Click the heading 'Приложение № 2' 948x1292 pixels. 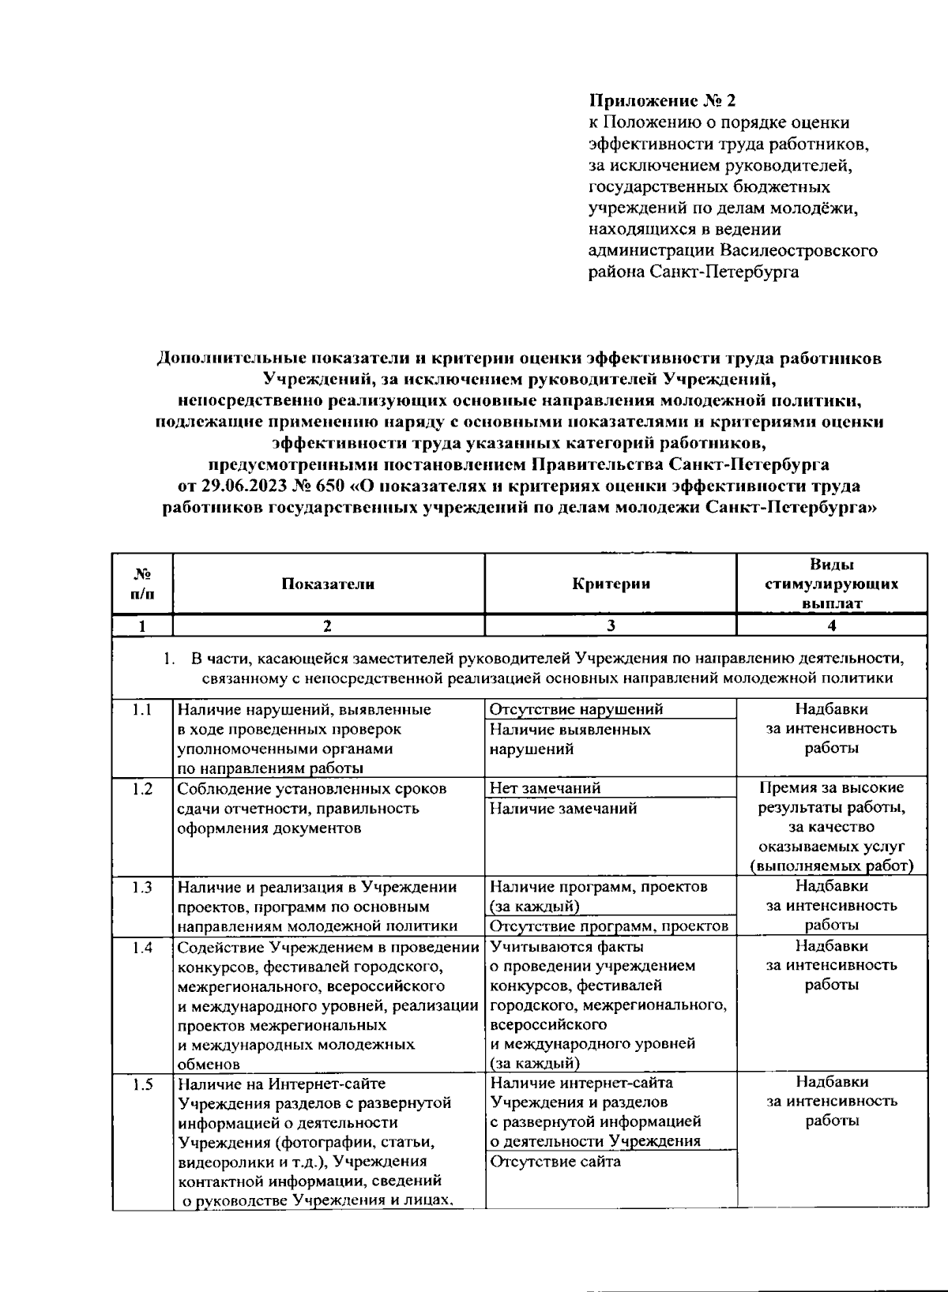click(662, 101)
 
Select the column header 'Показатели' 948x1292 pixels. click(327, 584)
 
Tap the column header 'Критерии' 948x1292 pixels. click(611, 584)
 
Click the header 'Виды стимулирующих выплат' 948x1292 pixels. click(831, 584)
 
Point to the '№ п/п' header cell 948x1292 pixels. click(142, 584)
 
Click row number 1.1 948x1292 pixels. click(142, 709)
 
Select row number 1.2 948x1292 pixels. click(142, 788)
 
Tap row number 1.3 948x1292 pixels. click(142, 887)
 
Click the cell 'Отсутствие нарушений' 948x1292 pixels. click(576, 709)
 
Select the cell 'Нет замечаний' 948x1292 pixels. click(545, 788)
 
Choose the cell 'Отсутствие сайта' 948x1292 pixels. click(555, 1162)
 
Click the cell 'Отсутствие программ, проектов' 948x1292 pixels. click(608, 926)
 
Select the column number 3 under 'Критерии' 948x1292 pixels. click(611, 626)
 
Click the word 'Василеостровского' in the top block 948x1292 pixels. click(799, 251)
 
